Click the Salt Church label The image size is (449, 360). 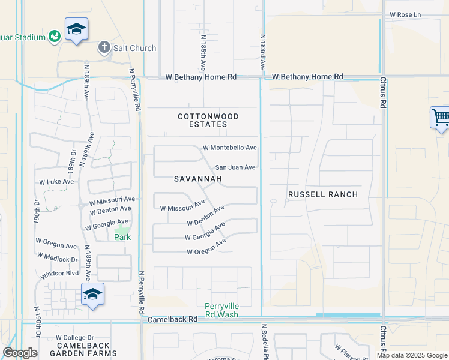pos(134,48)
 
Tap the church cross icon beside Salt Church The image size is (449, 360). pos(104,47)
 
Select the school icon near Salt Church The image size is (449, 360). pos(76,30)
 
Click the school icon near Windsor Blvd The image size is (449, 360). pos(92,295)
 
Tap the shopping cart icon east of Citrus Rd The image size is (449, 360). pos(441,117)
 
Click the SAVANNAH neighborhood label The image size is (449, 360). pos(198,179)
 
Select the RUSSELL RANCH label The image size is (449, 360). pos(323,194)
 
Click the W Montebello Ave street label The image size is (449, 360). pos(230,148)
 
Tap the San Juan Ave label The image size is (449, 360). pos(236,167)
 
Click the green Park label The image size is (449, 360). pos(122,237)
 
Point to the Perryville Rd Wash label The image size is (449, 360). pos(221,310)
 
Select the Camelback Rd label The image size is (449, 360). pos(172,320)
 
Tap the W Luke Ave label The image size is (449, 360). pos(56,181)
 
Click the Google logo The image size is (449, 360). pos(20,353)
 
